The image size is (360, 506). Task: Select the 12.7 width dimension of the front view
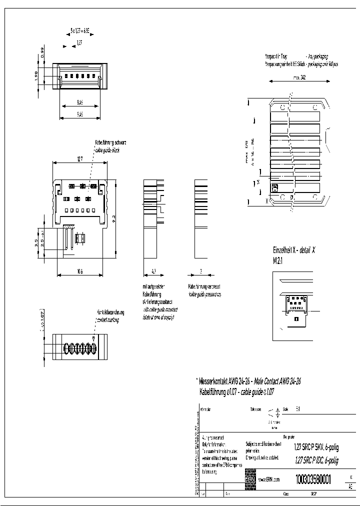pos(80,159)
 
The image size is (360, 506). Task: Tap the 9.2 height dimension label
pos(114,218)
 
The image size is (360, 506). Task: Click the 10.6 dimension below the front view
pos(80,272)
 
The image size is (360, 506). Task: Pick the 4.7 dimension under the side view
pos(153,272)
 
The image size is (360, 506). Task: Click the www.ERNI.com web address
pos(268,479)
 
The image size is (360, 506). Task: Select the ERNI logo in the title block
pos(250,478)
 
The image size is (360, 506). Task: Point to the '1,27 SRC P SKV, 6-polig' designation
pos(316,448)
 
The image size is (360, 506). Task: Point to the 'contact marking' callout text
pos(108,318)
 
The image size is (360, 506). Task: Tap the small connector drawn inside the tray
pos(274,187)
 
